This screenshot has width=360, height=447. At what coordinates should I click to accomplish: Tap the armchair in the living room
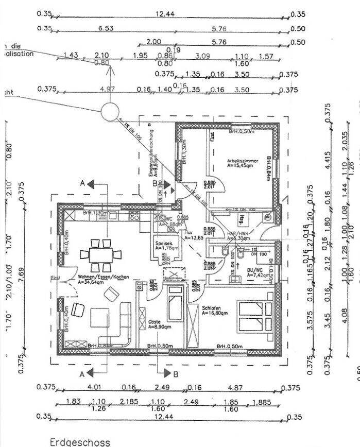78,310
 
